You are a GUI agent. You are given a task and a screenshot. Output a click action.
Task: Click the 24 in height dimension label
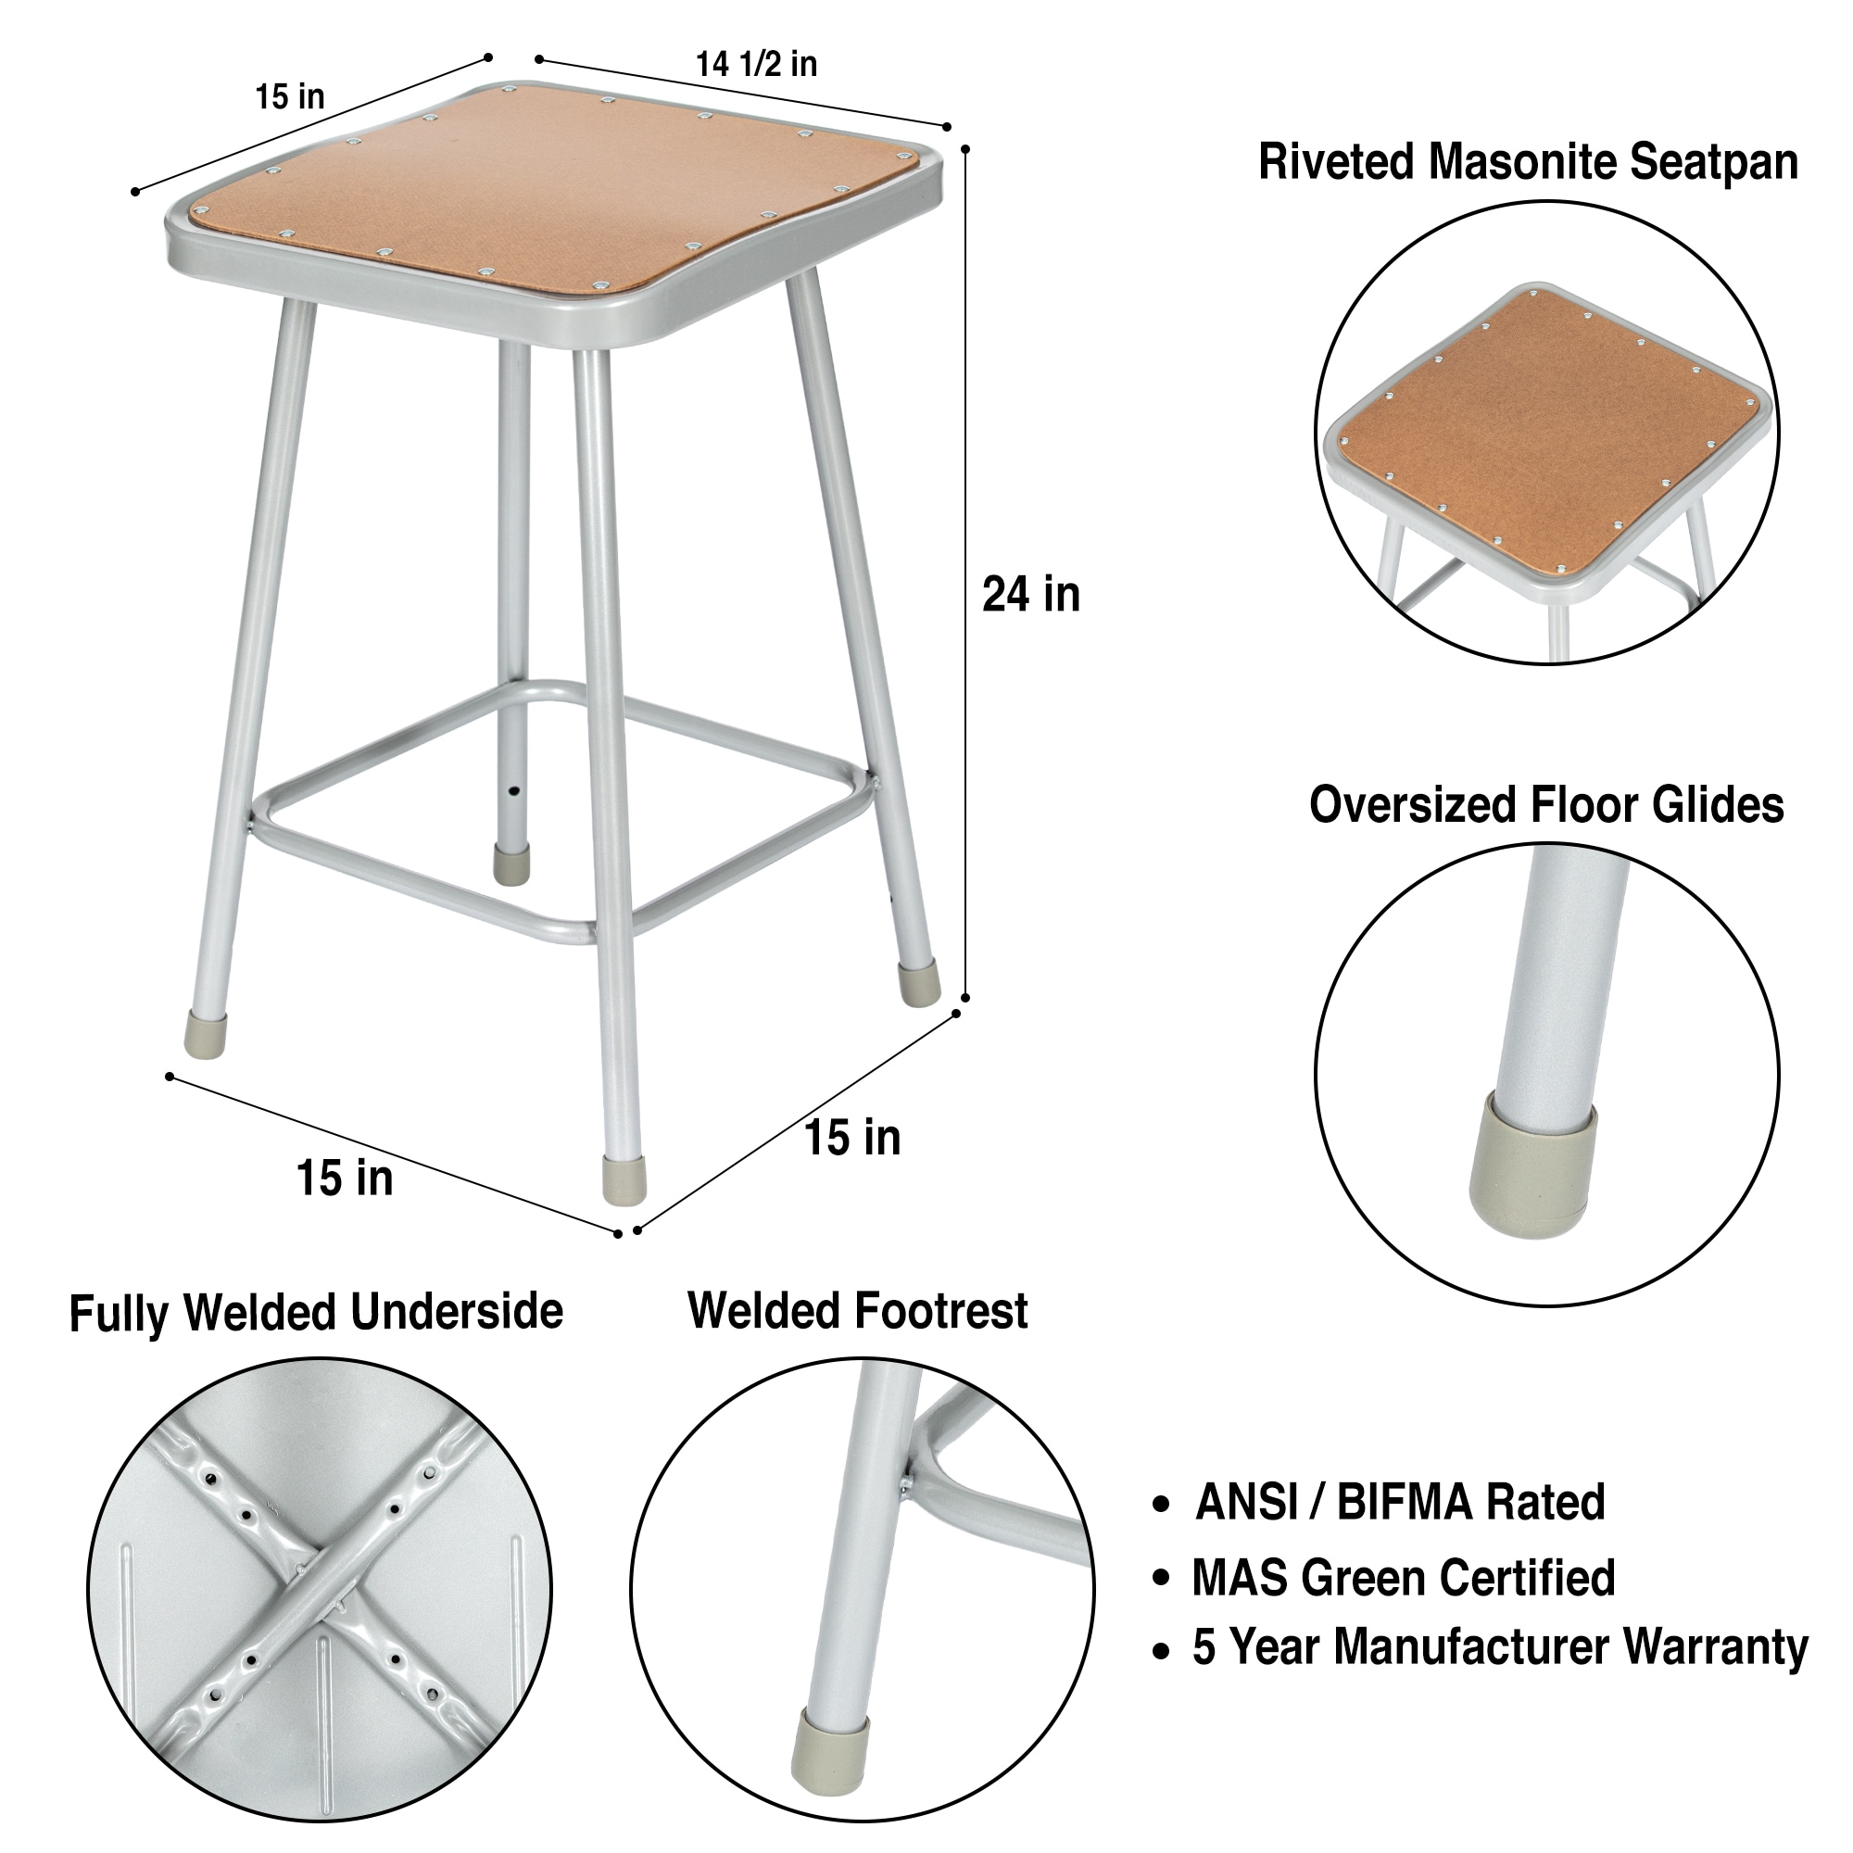tap(1031, 595)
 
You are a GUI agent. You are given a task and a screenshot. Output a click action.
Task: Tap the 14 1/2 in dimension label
tap(757, 63)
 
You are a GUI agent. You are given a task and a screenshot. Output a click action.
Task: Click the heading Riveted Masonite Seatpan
tap(1528, 161)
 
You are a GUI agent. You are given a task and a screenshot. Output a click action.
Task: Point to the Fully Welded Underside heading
tap(316, 1312)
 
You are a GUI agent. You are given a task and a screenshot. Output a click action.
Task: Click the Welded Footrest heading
tap(857, 1310)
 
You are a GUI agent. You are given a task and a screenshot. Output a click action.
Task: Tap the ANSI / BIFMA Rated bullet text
tap(1399, 1502)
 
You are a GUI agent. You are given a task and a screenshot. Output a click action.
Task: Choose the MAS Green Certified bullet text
tap(1403, 1578)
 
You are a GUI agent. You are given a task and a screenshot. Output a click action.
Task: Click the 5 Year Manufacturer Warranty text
tap(1500, 1646)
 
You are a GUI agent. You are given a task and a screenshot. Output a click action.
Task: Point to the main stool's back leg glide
tap(511, 864)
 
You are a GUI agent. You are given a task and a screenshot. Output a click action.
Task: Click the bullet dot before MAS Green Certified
tap(1162, 1579)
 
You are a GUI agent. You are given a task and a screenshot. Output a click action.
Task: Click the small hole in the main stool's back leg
tap(515, 792)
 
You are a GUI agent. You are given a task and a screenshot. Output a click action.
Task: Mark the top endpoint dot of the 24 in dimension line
tap(964, 148)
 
